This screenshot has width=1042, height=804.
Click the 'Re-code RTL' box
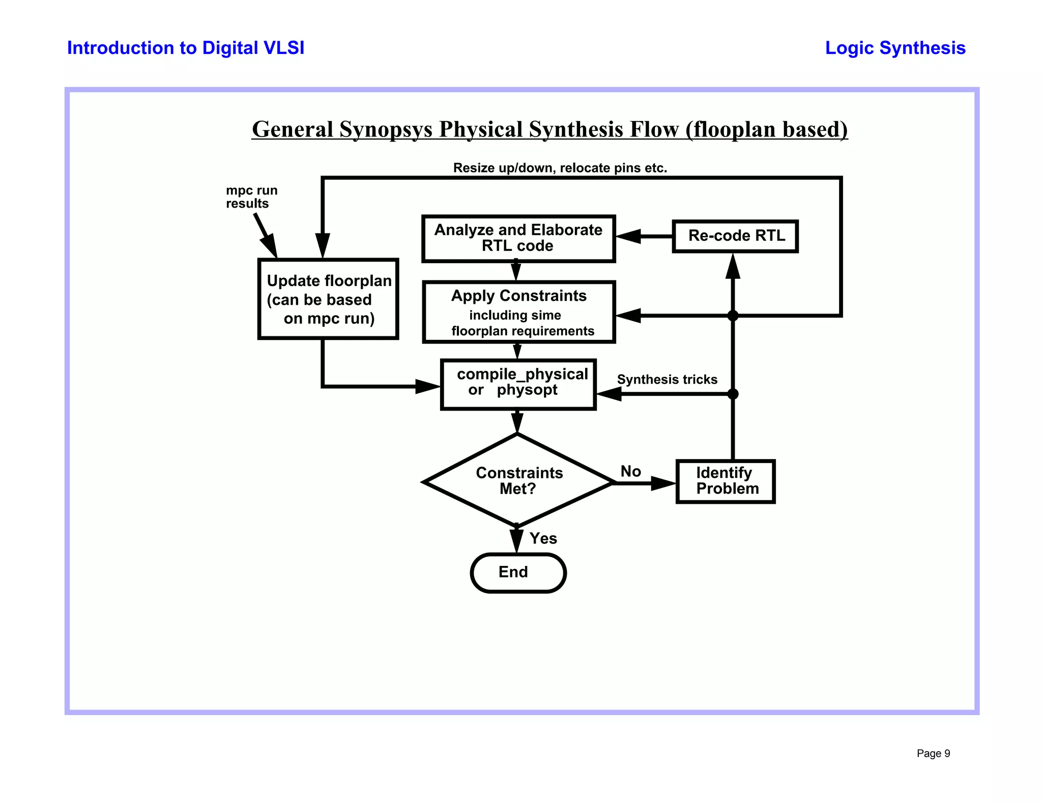coord(735,236)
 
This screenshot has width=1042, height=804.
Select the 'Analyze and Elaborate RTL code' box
coord(518,238)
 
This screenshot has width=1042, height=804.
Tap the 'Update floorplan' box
coord(328,299)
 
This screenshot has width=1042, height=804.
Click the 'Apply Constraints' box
coord(518,312)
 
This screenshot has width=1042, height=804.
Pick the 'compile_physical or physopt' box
coord(518,384)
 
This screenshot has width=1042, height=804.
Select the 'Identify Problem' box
coord(726,481)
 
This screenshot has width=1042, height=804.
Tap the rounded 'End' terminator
coord(518,572)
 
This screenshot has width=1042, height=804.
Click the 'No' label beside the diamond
coord(630,471)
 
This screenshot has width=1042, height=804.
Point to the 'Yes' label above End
coord(543,538)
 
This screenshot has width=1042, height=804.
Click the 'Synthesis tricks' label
coord(667,380)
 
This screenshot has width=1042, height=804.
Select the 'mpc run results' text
coord(251,197)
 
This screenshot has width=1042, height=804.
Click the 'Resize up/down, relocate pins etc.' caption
coord(560,168)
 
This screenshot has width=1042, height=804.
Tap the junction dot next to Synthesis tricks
coord(733,394)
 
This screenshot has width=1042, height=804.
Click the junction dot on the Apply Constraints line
coord(733,315)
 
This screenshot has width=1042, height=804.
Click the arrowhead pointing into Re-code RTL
coord(733,267)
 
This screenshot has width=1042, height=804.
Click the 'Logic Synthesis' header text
coord(895,48)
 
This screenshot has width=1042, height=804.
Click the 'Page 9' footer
coord(933,754)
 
